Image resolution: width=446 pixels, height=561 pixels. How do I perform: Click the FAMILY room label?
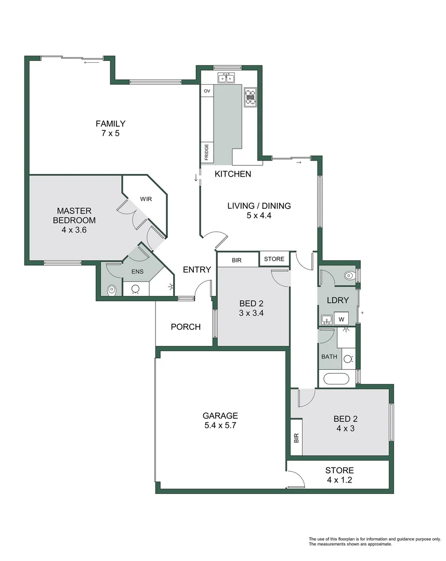coord(110,124)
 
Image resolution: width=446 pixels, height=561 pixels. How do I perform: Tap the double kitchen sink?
coord(226,78)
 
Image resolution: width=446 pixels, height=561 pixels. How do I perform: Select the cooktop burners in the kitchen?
coord(251,96)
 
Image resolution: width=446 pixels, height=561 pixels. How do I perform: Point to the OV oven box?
coord(207,91)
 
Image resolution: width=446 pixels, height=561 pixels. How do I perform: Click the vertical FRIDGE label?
coord(206,152)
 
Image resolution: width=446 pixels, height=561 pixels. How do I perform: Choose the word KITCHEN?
coord(233,174)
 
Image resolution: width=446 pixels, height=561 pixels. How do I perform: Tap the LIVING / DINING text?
coord(259,206)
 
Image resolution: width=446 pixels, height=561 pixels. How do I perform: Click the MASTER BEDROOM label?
coord(74,215)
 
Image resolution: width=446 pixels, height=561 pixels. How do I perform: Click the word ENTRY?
coord(197,270)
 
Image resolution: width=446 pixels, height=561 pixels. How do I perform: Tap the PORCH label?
coord(186,327)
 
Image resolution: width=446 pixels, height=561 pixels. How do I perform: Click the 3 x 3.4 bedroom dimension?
coord(251,313)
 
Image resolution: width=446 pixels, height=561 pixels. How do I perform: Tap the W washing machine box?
coord(341,319)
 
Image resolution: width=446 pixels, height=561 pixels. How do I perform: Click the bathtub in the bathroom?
coord(337,378)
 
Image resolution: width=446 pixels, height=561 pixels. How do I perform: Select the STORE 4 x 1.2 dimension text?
coord(339,480)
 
